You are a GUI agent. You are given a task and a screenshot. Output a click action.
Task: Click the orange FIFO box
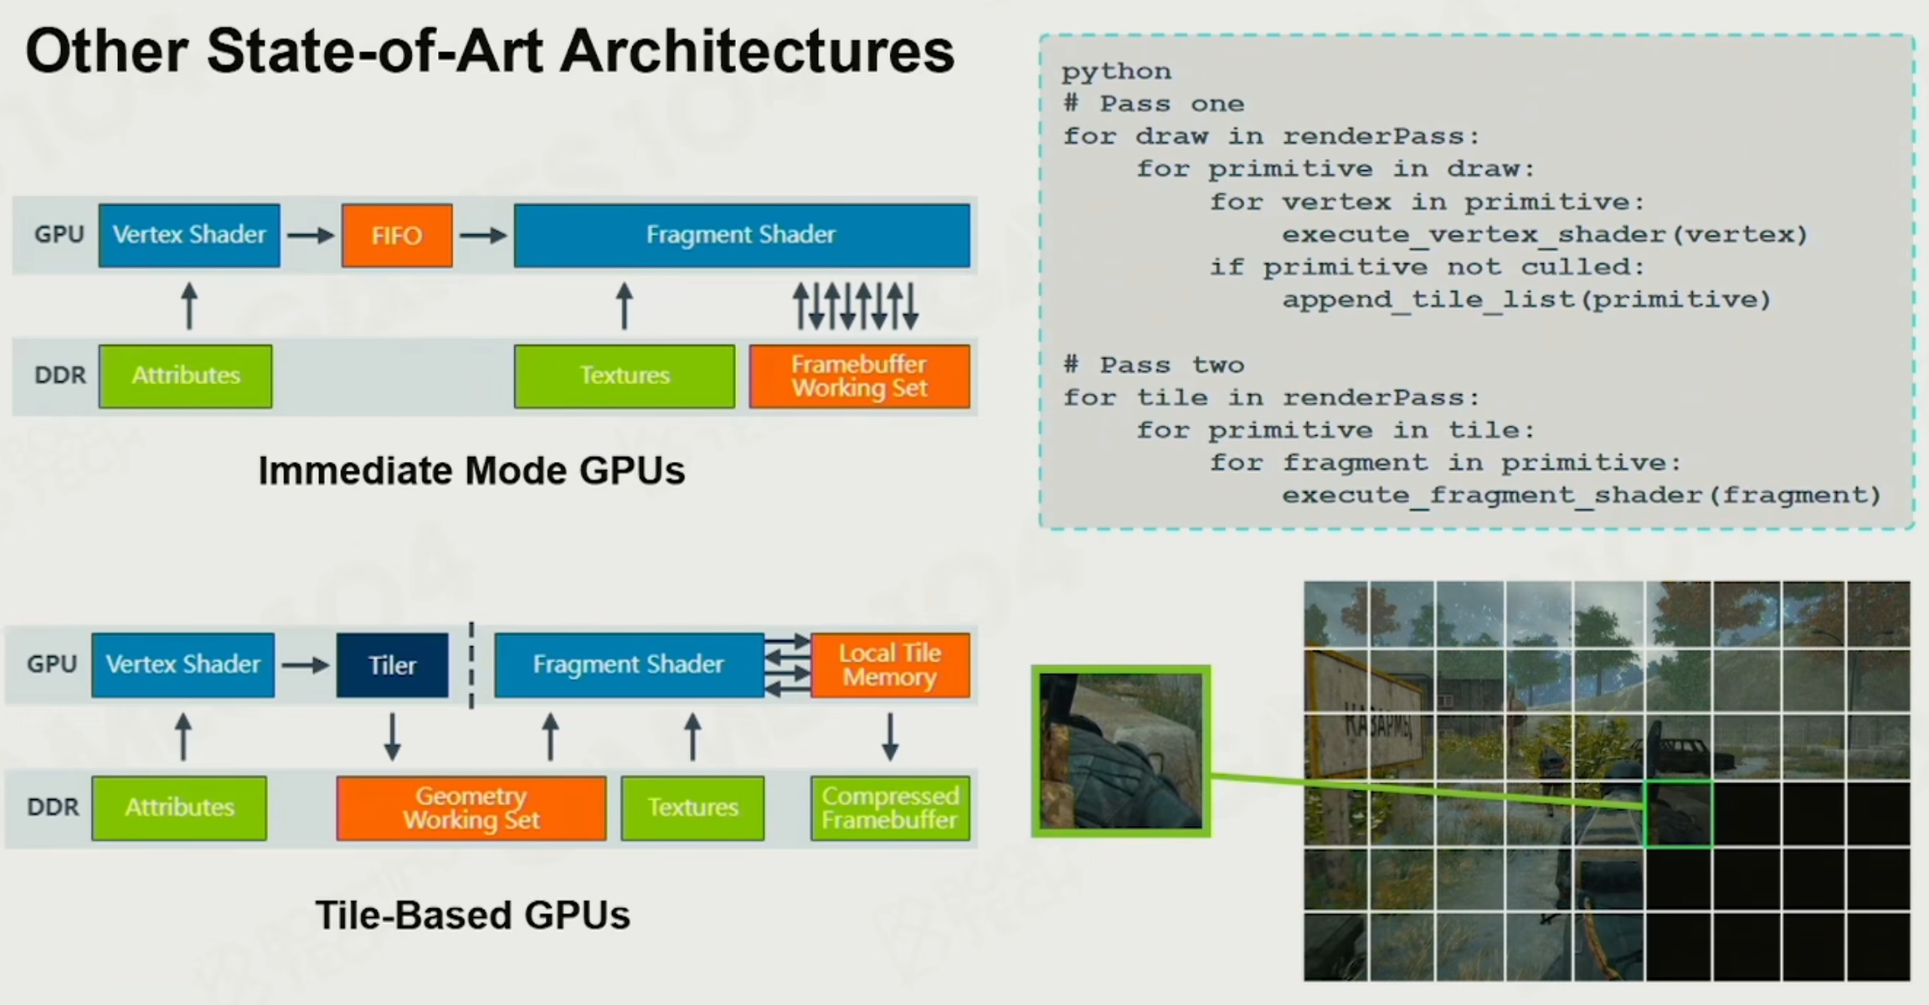pos(397,235)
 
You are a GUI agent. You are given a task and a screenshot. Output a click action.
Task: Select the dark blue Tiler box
pos(392,665)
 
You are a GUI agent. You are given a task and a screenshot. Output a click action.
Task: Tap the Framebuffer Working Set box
pos(859,377)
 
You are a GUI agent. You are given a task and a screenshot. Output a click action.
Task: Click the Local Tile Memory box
pos(890,665)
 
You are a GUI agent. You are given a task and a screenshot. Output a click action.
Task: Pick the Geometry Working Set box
pos(471,808)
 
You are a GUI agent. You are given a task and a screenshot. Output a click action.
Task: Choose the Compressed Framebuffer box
pos(890,808)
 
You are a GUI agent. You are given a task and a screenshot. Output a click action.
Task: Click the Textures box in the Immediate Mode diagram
pos(625,377)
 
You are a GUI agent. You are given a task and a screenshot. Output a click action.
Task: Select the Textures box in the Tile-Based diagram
pos(692,808)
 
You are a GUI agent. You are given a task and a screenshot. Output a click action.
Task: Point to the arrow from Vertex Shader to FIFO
pos(311,236)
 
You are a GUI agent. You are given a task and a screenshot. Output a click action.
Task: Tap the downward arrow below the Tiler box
pos(392,736)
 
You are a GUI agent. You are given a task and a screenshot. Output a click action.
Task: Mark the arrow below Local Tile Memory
pos(890,736)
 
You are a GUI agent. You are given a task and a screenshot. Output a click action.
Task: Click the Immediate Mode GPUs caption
pos(471,470)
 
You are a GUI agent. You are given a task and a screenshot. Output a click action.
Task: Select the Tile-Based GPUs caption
pos(472,915)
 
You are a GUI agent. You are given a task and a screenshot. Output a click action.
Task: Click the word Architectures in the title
pos(757,52)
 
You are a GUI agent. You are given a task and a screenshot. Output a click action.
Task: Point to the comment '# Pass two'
pos(1154,365)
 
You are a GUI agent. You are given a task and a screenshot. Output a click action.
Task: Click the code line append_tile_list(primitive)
pos(1526,300)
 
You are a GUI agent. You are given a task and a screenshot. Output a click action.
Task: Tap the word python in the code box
pos(1117,72)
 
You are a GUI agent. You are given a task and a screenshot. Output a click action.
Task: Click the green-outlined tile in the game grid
pos(1679,813)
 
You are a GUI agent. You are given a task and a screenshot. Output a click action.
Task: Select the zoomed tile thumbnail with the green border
pos(1121,751)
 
